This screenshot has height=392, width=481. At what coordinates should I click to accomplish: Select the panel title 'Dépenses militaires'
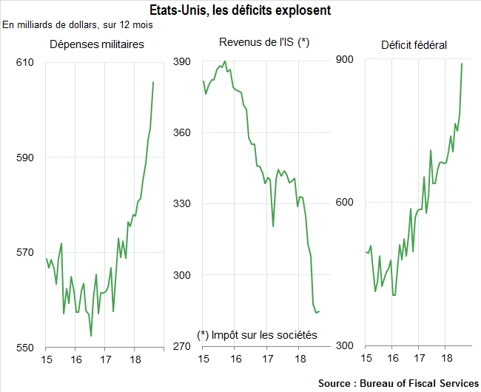(96, 44)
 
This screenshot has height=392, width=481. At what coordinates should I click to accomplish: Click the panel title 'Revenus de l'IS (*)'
(263, 43)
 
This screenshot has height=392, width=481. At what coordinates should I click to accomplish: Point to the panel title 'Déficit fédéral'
(414, 45)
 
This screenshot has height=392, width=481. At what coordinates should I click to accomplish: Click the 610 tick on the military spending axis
(26, 62)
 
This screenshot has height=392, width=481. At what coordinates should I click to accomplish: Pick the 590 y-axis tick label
(26, 158)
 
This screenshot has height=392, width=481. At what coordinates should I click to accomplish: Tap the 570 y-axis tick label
(26, 253)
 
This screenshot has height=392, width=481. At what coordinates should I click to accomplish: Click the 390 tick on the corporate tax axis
(182, 62)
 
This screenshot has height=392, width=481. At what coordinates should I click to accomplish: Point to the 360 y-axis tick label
(182, 133)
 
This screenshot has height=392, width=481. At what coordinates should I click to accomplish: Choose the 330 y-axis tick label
(182, 204)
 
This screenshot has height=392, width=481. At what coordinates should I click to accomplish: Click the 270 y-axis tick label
(182, 346)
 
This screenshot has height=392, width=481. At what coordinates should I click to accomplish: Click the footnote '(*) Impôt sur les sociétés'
(257, 335)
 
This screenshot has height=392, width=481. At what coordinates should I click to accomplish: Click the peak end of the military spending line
(153, 82)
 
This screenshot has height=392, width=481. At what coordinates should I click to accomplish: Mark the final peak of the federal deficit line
(462, 64)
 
